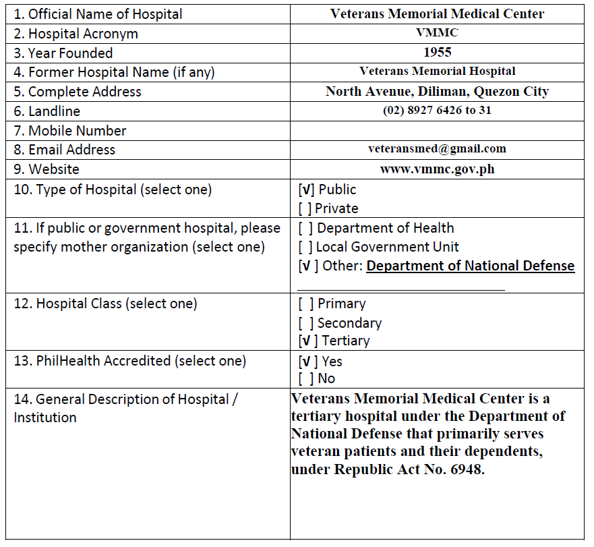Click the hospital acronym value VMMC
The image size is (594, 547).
coord(437,32)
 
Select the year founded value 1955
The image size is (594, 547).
coord(437,52)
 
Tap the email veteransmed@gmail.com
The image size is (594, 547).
coord(437,148)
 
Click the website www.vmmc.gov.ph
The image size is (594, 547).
coord(437,169)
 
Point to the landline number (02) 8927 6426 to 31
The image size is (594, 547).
coord(437,111)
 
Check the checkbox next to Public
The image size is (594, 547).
coord(305,190)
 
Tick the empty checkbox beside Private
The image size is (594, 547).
coord(304,209)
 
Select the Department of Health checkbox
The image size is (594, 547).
coord(305,229)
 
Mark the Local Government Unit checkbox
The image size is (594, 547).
coord(305,248)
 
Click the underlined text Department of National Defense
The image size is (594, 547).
coord(470,266)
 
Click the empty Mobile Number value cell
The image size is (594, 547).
coord(437,130)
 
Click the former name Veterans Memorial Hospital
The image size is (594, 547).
coord(437,71)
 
